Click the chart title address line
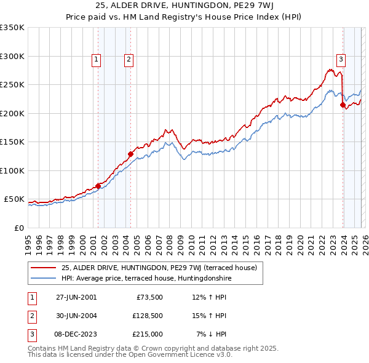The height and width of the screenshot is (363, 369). click(184, 7)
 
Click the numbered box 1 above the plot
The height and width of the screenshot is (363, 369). click(97, 60)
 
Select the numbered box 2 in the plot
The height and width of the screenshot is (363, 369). click(129, 60)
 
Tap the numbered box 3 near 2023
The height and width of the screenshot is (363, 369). click(341, 60)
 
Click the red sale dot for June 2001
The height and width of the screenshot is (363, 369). click(98, 186)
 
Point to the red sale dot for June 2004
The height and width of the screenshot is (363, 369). click(130, 154)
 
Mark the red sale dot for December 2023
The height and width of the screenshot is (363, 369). click(343, 105)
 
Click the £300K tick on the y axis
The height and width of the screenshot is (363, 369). click(12, 56)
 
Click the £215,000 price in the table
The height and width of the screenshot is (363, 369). click(148, 334)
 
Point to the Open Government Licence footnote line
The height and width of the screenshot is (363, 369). click(130, 355)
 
